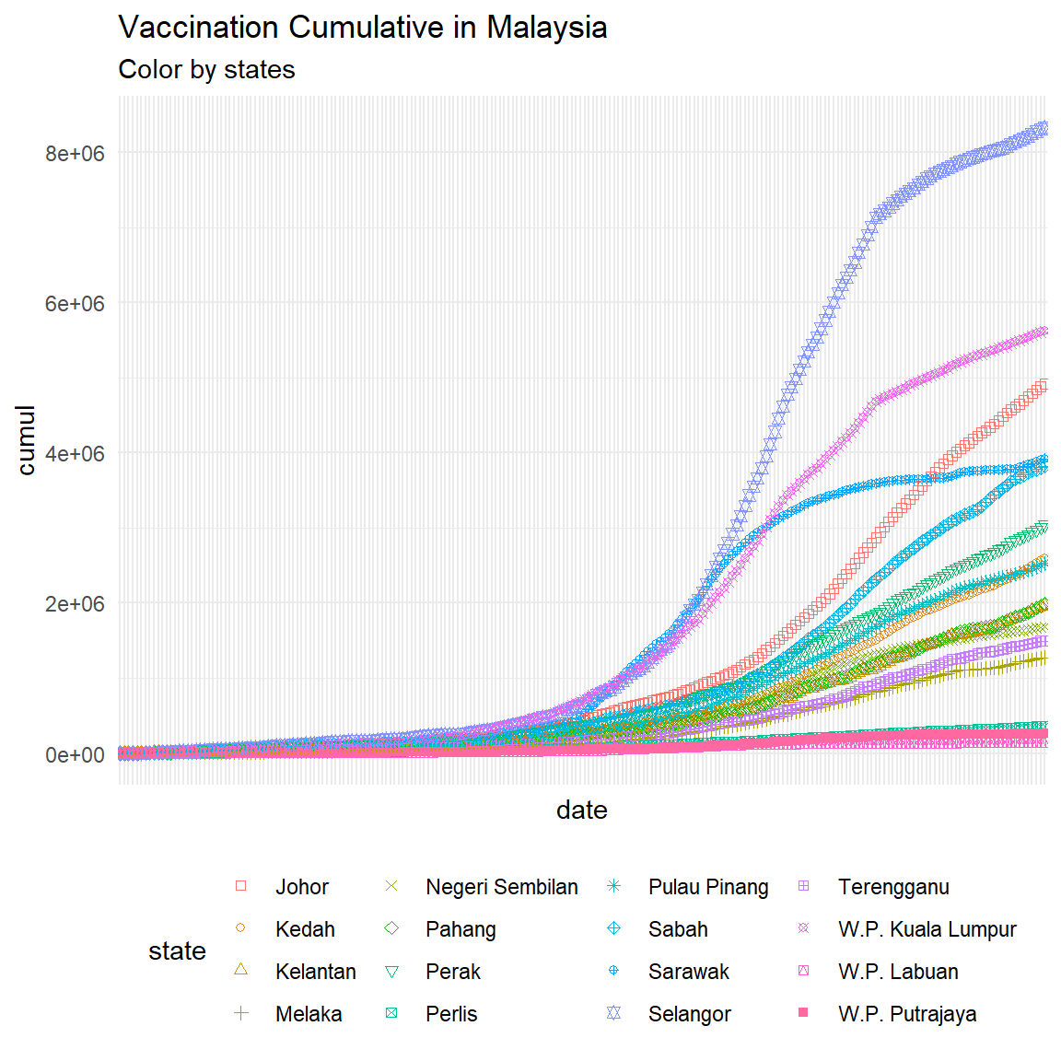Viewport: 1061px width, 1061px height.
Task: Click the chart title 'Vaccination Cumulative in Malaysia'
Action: click(x=363, y=28)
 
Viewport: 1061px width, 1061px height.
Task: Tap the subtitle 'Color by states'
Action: click(x=206, y=70)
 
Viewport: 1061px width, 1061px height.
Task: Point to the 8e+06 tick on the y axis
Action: click(x=76, y=153)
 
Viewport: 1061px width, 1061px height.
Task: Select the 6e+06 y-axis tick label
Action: click(x=76, y=304)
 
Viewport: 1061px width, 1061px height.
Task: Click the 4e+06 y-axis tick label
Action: click(x=76, y=454)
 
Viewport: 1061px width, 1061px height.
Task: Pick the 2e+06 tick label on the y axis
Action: click(x=76, y=604)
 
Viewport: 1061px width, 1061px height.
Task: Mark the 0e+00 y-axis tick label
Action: click(x=76, y=755)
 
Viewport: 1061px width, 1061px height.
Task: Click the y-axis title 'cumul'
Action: click(x=26, y=440)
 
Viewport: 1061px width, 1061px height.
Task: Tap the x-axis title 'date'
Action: click(x=582, y=810)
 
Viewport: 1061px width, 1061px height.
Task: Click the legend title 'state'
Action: click(x=177, y=951)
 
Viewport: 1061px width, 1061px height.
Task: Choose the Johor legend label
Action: click(x=302, y=887)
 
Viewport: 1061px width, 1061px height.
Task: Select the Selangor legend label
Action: click(x=689, y=1014)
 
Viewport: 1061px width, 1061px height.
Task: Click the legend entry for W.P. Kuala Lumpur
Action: click(x=927, y=929)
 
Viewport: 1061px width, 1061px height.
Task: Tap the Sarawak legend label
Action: click(x=688, y=972)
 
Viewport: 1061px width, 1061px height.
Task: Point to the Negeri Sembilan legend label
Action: click(x=501, y=887)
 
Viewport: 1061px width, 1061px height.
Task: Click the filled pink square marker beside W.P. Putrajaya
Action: click(x=803, y=1013)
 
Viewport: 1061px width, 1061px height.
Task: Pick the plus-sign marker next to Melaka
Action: click(x=241, y=1013)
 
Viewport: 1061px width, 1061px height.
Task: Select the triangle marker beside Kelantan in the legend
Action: click(x=241, y=970)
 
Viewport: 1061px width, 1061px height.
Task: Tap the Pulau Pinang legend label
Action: click(x=707, y=887)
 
